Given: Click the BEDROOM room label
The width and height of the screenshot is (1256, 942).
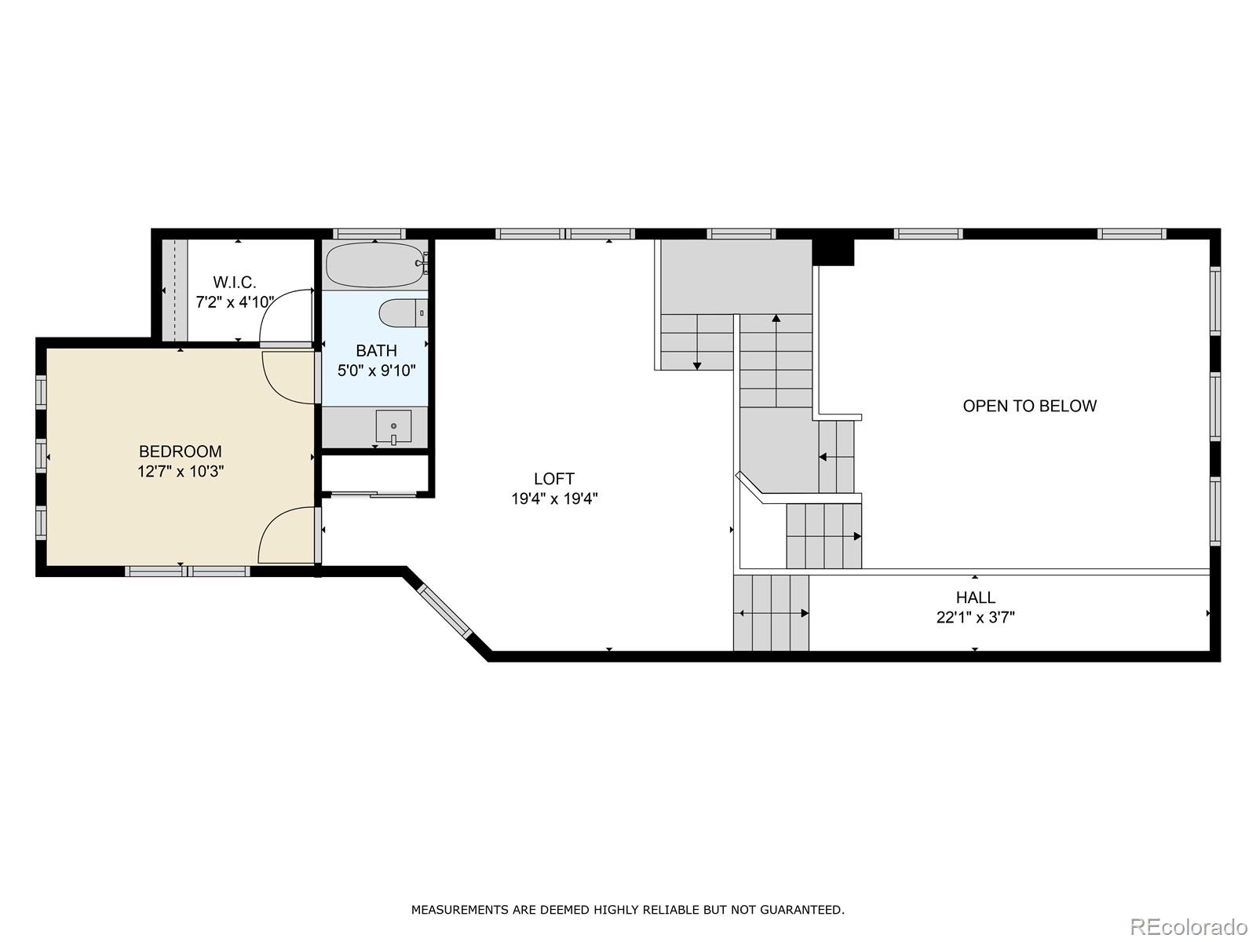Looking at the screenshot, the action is [x=181, y=451].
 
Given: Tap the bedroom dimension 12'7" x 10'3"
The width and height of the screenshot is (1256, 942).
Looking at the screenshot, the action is [x=181, y=472].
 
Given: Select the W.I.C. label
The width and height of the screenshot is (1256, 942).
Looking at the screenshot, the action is [x=235, y=282].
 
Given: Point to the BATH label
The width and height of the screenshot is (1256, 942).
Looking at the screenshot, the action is [x=376, y=351].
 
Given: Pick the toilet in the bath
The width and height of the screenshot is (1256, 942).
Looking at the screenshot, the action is [x=403, y=313].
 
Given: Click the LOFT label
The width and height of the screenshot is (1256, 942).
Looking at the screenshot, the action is [x=554, y=479].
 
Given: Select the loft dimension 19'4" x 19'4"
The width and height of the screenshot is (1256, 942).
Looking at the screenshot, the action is [x=554, y=498].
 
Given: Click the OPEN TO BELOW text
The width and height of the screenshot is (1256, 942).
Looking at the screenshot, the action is [x=1029, y=406].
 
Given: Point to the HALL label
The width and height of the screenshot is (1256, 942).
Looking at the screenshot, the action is [x=976, y=597].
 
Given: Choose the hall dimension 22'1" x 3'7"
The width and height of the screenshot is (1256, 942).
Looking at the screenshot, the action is [x=976, y=618].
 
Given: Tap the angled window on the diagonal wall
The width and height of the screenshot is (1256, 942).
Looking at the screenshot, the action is [x=444, y=610].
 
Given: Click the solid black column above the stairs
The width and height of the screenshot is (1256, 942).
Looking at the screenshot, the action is [x=833, y=252].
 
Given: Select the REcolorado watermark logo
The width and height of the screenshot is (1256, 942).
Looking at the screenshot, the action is [x=1189, y=926].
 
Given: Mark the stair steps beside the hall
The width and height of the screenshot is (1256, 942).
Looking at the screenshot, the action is [x=772, y=612].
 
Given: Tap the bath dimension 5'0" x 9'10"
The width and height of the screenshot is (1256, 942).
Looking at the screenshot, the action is [x=376, y=371].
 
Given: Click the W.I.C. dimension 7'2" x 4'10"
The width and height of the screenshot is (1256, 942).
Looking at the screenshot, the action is [x=235, y=302].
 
